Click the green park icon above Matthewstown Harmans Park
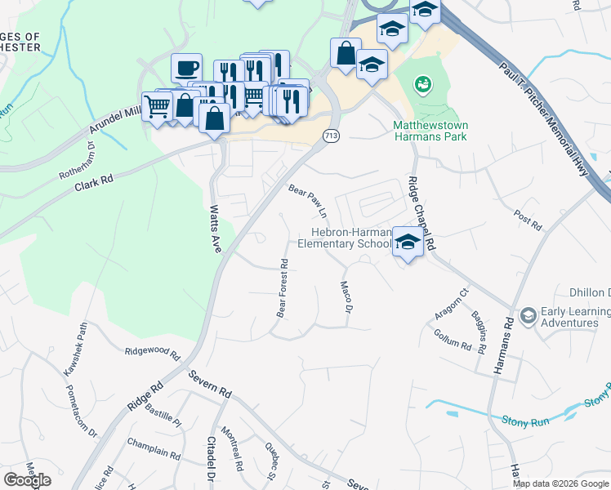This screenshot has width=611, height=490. [x=422, y=83]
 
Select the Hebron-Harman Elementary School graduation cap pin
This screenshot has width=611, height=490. [x=407, y=242]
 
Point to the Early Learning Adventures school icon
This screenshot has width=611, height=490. [x=528, y=315]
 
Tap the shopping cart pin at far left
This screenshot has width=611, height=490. [x=157, y=105]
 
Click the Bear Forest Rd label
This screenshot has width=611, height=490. [x=282, y=288]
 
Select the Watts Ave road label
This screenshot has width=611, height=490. [x=216, y=229]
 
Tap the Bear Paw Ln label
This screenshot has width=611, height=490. [x=308, y=200]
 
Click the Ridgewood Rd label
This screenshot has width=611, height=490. [x=151, y=353]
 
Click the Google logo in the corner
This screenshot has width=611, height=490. [x=27, y=480]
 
